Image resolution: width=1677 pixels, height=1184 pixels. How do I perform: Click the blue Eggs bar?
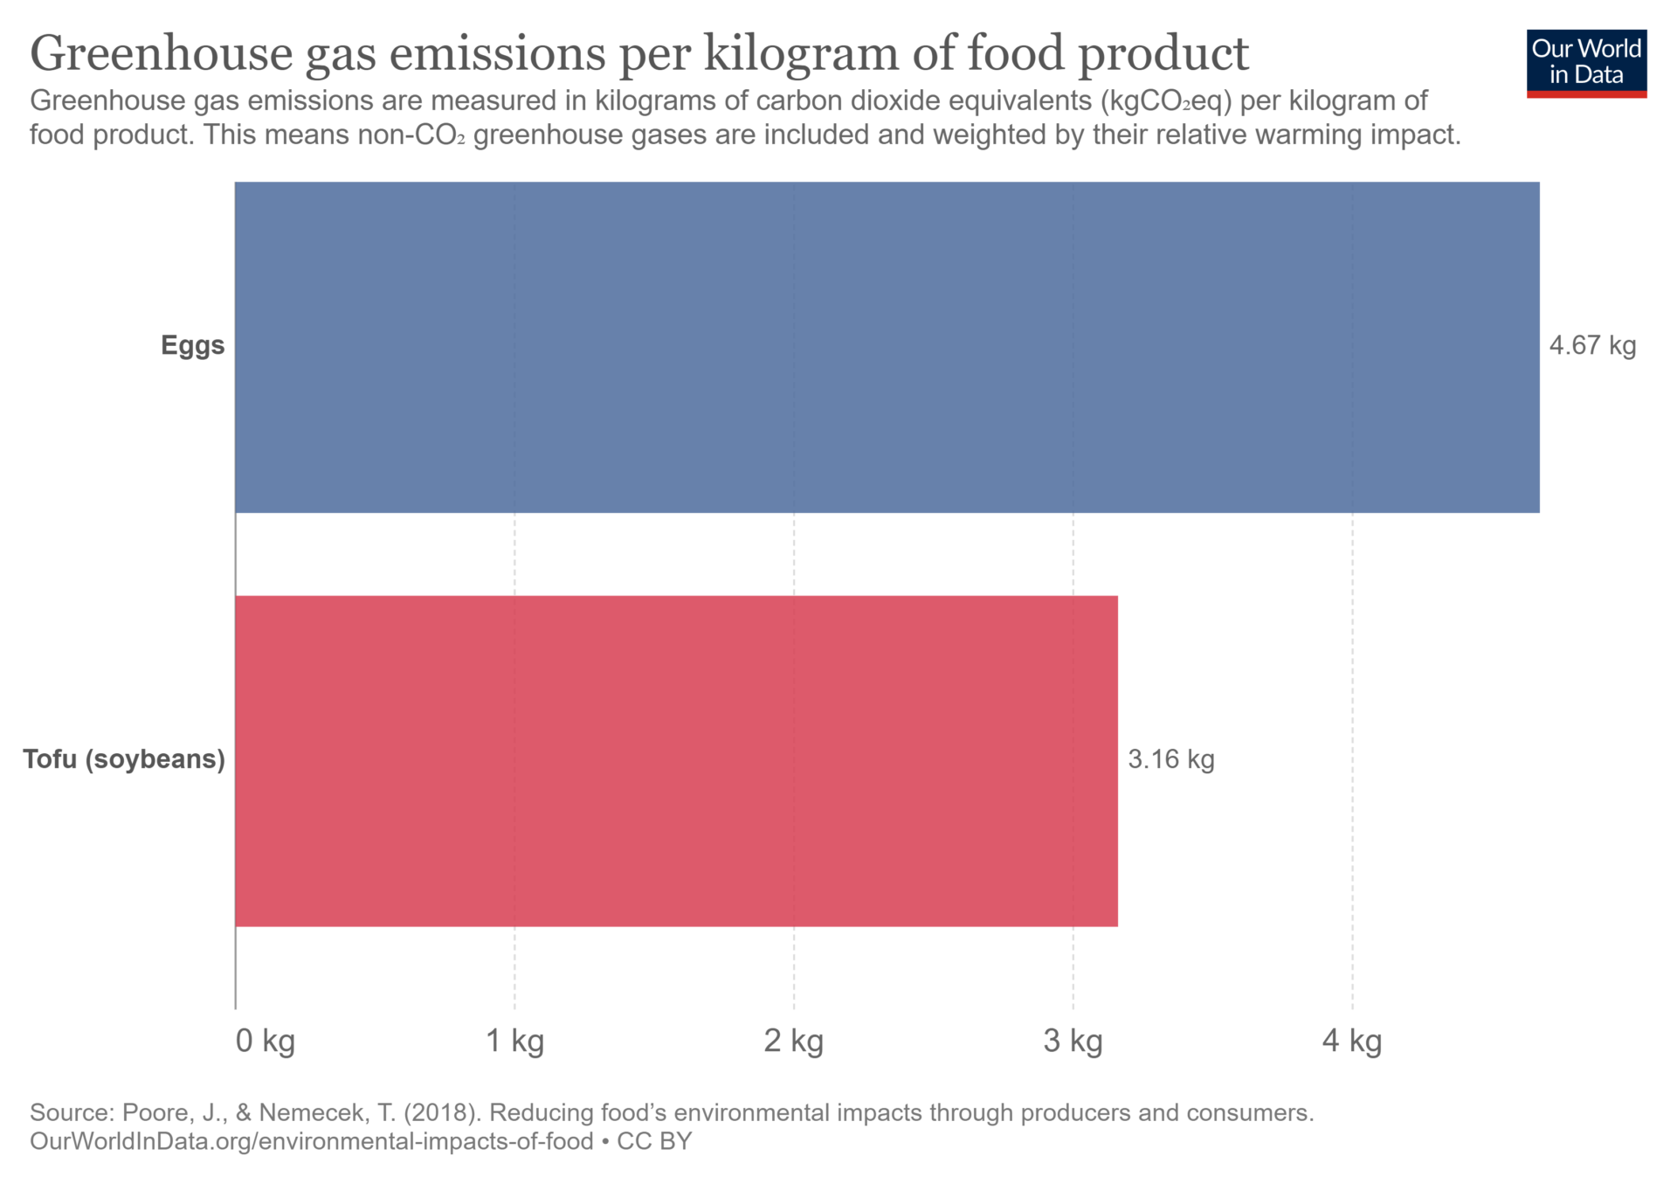click(x=887, y=347)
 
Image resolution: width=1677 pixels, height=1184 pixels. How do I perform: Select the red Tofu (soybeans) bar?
click(x=676, y=760)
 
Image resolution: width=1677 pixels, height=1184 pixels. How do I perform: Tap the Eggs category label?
click(x=192, y=346)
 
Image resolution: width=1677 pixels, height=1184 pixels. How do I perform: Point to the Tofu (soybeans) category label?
click(x=124, y=759)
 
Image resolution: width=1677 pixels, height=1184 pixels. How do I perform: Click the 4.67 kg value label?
click(x=1591, y=346)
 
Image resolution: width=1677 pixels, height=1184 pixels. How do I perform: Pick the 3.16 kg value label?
click(x=1170, y=759)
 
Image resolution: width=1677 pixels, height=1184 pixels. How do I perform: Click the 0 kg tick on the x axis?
click(x=265, y=1041)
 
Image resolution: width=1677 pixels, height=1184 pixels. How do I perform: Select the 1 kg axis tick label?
click(x=514, y=1041)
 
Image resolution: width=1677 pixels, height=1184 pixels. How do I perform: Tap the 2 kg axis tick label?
click(x=793, y=1041)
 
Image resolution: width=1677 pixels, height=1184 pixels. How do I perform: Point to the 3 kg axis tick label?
click(x=1073, y=1041)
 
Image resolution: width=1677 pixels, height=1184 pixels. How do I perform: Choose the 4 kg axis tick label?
click(x=1351, y=1041)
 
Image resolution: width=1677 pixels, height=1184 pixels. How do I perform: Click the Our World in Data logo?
click(x=1586, y=63)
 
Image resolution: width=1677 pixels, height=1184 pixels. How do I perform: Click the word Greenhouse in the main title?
click(x=162, y=54)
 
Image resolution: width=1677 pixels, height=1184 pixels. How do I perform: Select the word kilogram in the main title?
click(x=801, y=54)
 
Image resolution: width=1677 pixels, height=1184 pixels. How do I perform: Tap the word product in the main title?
click(x=1163, y=54)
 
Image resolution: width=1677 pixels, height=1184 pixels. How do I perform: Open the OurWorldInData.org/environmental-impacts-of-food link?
click(x=312, y=1142)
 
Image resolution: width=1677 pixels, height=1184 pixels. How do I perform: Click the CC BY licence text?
click(x=654, y=1142)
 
